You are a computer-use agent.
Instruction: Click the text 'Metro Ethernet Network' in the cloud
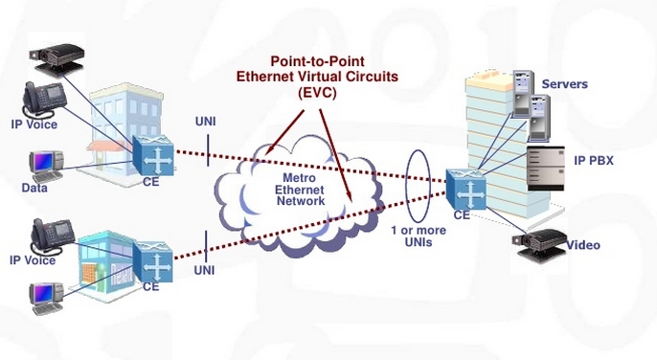tap(301, 190)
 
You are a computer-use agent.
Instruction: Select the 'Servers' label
tap(564, 84)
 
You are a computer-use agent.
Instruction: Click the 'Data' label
tap(34, 190)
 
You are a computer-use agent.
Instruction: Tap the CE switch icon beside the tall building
tap(463, 189)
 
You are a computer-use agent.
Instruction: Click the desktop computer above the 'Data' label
tap(45, 165)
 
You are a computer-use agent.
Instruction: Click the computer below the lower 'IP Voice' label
tap(47, 298)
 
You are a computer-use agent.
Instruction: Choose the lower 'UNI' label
tap(204, 270)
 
